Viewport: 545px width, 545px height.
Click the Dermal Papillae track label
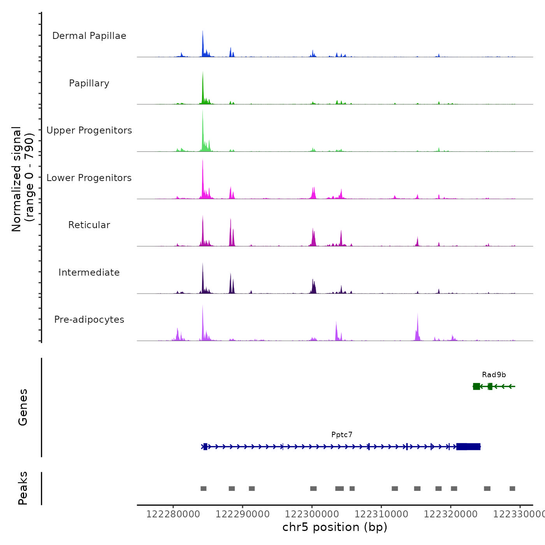[89, 36]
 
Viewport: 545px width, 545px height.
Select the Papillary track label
[89, 83]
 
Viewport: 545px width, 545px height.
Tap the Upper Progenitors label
[89, 130]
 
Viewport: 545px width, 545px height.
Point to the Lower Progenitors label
[89, 178]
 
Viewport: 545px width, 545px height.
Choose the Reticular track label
[89, 225]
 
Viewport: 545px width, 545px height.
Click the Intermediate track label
[89, 272]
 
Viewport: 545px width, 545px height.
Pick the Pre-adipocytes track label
[89, 320]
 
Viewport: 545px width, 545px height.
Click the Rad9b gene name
[494, 375]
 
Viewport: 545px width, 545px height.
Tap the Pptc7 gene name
[342, 435]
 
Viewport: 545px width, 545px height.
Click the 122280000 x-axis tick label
[173, 514]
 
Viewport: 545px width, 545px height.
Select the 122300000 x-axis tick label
[312, 514]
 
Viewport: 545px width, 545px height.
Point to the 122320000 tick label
[450, 514]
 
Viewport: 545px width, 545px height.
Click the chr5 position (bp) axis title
[335, 527]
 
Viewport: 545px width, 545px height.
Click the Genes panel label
[23, 407]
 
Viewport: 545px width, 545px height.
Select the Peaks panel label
[23, 488]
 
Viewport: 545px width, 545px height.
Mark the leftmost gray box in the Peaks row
[203, 489]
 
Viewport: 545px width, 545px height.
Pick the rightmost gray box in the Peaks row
[512, 489]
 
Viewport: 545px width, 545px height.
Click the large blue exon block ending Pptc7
[468, 447]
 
